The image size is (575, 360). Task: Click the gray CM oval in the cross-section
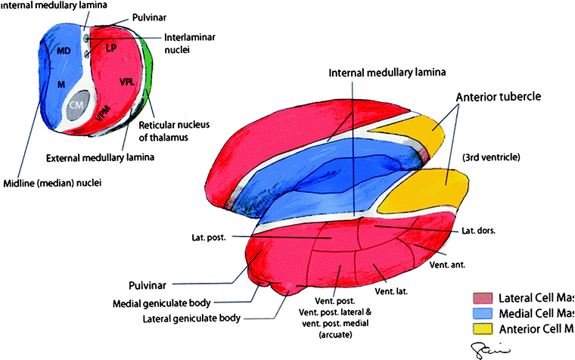(x=74, y=106)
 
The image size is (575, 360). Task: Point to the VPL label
(x=127, y=80)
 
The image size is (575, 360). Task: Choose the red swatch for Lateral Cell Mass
(x=483, y=296)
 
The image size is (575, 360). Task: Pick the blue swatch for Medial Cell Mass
(x=483, y=312)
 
